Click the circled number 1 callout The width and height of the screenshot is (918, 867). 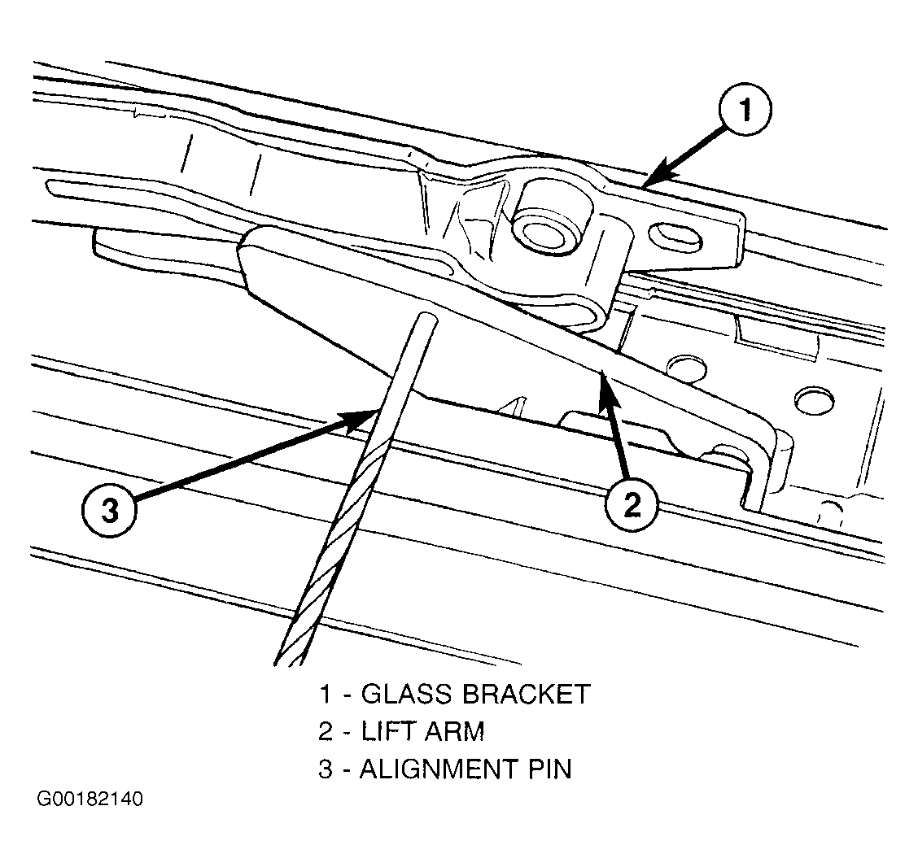745,110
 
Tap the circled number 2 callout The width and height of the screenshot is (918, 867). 632,504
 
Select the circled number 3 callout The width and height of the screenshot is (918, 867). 110,511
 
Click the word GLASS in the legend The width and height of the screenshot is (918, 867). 407,694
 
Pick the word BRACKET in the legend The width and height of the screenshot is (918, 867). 526,694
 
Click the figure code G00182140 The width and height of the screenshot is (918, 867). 90,799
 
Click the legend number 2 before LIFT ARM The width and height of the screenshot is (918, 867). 326,731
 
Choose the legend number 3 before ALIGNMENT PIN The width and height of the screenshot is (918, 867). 326,769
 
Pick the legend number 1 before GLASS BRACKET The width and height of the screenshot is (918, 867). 325,694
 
